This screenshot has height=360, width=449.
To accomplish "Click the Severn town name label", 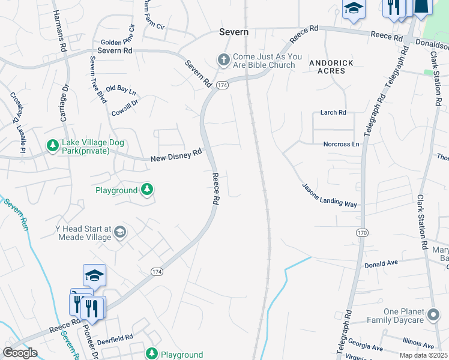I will pos(234,32).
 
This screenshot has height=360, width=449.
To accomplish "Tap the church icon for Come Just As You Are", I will pos(223,60).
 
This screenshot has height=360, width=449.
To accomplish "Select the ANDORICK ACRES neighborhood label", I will pos(327,67).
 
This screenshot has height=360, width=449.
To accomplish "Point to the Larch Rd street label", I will pos(333,112).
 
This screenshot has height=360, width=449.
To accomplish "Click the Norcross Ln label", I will pos(341,144).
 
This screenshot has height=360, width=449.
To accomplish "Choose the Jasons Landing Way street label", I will pos(329,196).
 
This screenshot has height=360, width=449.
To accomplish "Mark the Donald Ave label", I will pos(381,263).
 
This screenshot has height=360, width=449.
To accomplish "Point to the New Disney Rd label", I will pos(176,155).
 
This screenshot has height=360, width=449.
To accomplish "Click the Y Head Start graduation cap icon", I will pos(120,232).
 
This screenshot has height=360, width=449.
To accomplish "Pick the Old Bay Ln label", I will pos(121,91).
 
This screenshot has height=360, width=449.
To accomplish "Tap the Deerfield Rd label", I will pos(115,338).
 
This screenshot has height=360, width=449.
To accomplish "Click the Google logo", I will pos(19,353).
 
